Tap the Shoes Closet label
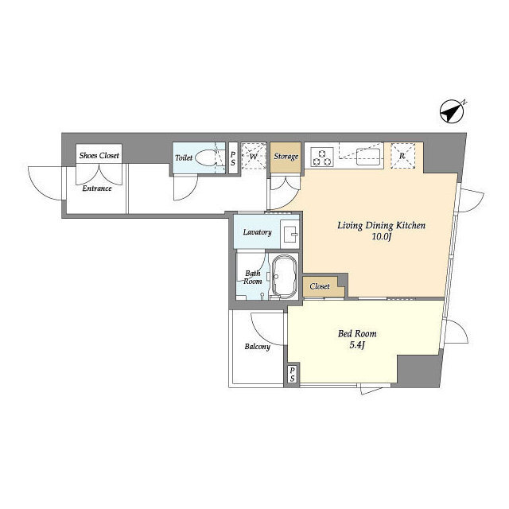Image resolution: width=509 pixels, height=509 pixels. (x=99, y=156)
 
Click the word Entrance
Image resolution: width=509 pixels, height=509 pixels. (x=97, y=188)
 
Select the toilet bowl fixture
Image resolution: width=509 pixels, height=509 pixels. (x=207, y=158)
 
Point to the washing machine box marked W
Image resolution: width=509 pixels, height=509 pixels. (x=254, y=156)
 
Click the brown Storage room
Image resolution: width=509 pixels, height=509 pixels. (x=286, y=157)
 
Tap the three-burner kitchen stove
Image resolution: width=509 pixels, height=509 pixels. (x=322, y=157)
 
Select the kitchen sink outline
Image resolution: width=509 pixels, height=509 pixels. (x=369, y=157)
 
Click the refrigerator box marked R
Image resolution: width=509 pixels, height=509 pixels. (x=403, y=156)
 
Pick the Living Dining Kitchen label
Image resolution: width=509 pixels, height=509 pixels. (x=382, y=226)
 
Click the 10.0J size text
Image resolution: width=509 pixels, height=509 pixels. (x=381, y=237)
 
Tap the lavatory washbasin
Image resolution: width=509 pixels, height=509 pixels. (x=289, y=232)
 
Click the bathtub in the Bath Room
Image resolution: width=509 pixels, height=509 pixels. (x=284, y=276)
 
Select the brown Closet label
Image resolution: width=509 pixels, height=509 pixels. (x=320, y=286)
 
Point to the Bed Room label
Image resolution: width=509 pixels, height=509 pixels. (x=357, y=334)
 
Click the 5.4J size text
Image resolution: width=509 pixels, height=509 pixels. (x=357, y=345)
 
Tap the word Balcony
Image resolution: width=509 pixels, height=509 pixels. (x=258, y=347)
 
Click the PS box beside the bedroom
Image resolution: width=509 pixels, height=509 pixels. (x=292, y=374)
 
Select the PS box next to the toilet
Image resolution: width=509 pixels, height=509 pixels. (x=233, y=158)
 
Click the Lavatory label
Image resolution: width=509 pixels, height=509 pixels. (x=258, y=232)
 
